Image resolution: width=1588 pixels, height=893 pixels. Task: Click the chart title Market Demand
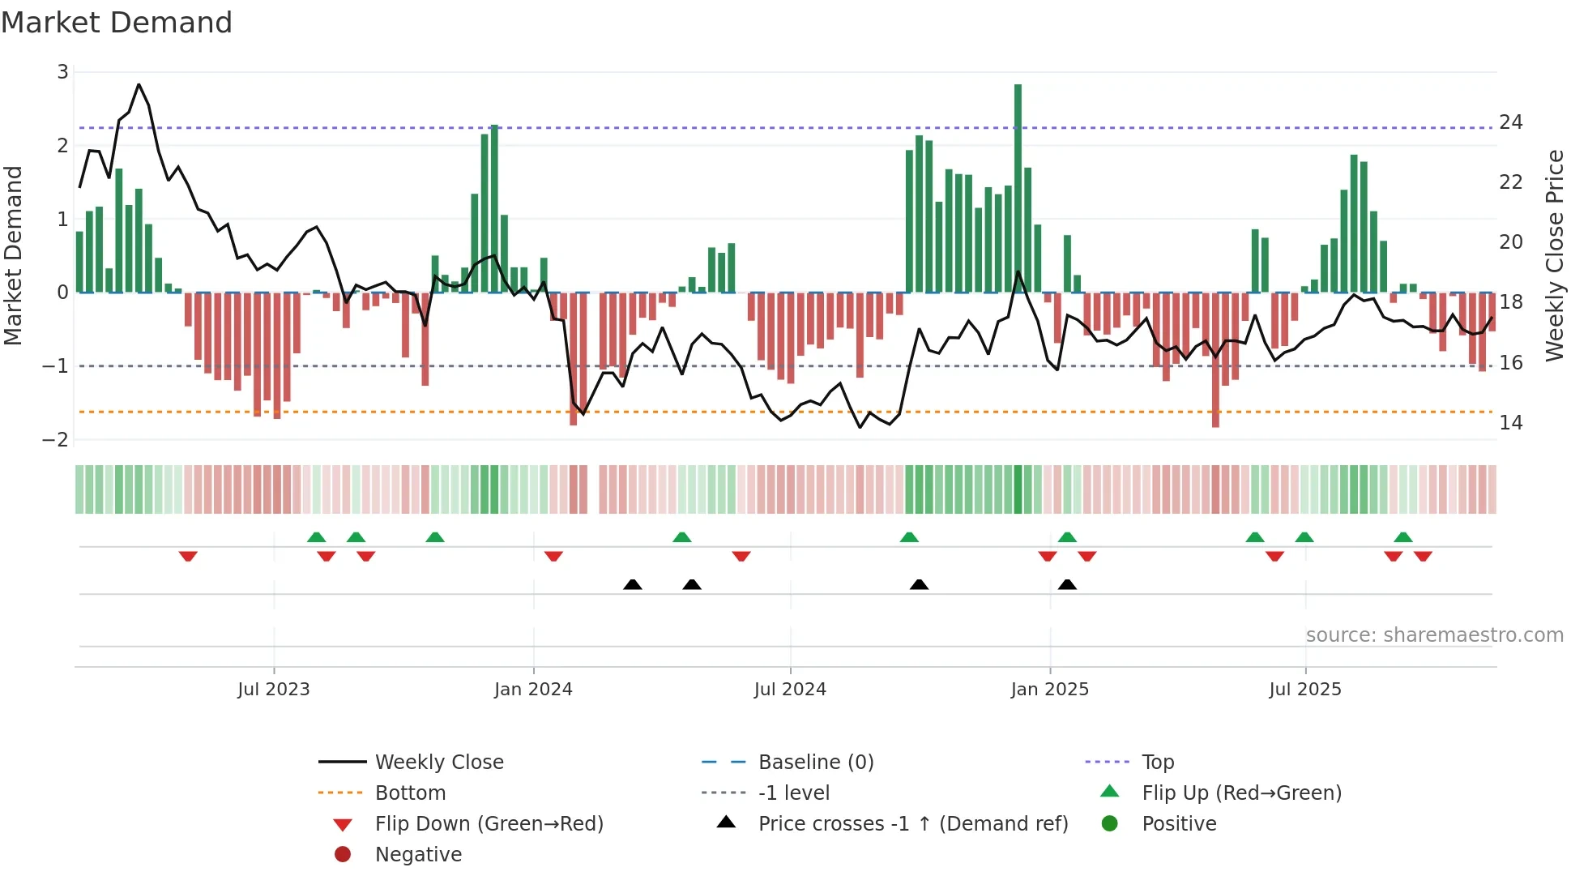click(117, 23)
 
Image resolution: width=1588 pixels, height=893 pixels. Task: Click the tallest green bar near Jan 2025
click(1018, 186)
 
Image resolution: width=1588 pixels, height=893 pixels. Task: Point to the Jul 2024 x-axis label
click(790, 690)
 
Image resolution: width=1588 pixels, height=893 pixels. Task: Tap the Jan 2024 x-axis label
click(533, 690)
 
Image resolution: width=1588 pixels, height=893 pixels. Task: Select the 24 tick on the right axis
click(1510, 122)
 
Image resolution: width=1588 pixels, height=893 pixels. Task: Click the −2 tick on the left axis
click(55, 440)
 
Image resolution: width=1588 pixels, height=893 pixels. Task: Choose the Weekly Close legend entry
click(438, 763)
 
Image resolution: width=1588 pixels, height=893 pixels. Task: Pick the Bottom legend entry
click(410, 793)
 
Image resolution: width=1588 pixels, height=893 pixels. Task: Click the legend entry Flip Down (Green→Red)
click(489, 824)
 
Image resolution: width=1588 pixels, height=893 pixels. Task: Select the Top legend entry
click(1158, 763)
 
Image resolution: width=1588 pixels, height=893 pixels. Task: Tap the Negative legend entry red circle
click(343, 855)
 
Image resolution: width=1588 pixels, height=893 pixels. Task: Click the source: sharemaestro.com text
click(1434, 635)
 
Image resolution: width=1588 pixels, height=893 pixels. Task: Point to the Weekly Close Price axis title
click(1554, 255)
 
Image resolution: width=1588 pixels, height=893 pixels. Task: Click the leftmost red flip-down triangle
click(188, 556)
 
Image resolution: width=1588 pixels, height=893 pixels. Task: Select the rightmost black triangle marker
click(1067, 584)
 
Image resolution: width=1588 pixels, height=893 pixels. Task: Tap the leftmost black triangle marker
click(633, 584)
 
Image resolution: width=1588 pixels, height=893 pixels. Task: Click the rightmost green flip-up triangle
click(1403, 537)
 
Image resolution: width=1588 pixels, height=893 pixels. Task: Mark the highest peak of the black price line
click(139, 84)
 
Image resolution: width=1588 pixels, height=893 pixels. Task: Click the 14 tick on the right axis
click(1510, 423)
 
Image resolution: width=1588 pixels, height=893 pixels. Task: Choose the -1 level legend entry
click(793, 793)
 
